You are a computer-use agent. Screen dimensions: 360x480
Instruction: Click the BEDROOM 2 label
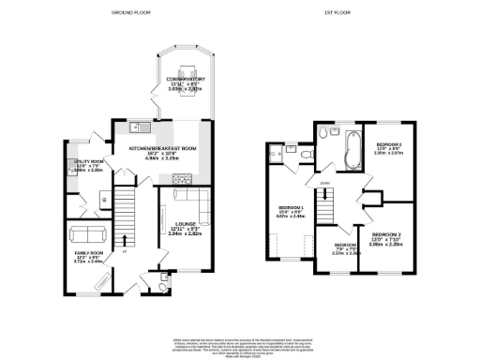click(x=386, y=236)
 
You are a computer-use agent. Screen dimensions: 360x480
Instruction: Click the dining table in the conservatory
click(x=185, y=67)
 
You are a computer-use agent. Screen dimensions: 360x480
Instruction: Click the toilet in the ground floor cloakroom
click(x=164, y=278)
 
